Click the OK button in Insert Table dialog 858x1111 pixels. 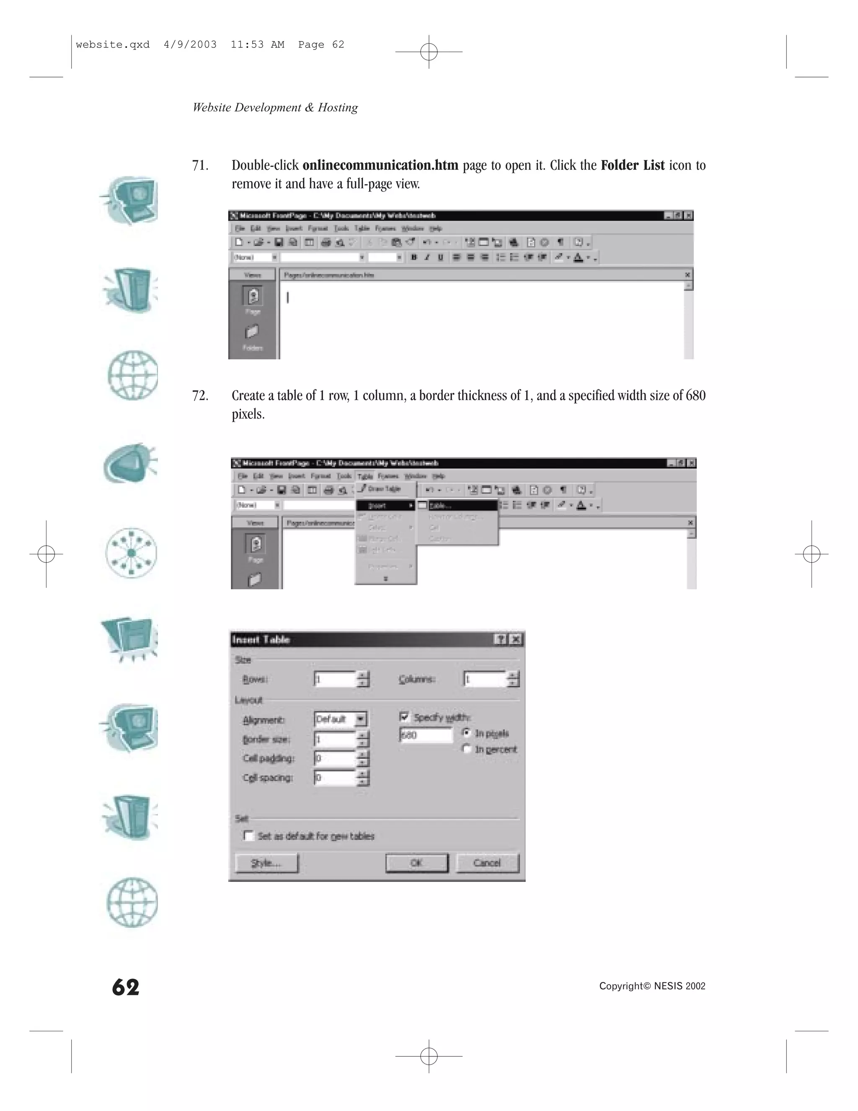pyautogui.click(x=416, y=863)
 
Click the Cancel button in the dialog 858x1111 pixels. pyautogui.click(x=487, y=863)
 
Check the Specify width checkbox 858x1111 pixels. pyautogui.click(x=405, y=717)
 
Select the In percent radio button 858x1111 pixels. pyautogui.click(x=467, y=749)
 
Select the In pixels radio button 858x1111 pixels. pyautogui.click(x=467, y=732)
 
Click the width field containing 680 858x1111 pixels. pyautogui.click(x=426, y=735)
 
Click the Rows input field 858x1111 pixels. pyautogui.click(x=334, y=679)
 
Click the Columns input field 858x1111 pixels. pyautogui.click(x=484, y=679)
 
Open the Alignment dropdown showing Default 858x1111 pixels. pyautogui.click(x=360, y=719)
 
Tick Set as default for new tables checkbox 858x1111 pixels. pyautogui.click(x=248, y=836)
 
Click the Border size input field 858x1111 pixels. pyautogui.click(x=334, y=739)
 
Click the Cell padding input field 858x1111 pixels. pyautogui.click(x=334, y=758)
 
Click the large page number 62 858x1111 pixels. pyautogui.click(x=126, y=987)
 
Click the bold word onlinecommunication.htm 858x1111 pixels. pyautogui.click(x=380, y=165)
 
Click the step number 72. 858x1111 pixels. pyautogui.click(x=200, y=395)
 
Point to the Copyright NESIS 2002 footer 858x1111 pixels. pyautogui.click(x=652, y=986)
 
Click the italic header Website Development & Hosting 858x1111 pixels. pyautogui.click(x=275, y=107)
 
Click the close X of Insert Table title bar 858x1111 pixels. pyautogui.click(x=515, y=639)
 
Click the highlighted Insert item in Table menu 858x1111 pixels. pyautogui.click(x=377, y=506)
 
